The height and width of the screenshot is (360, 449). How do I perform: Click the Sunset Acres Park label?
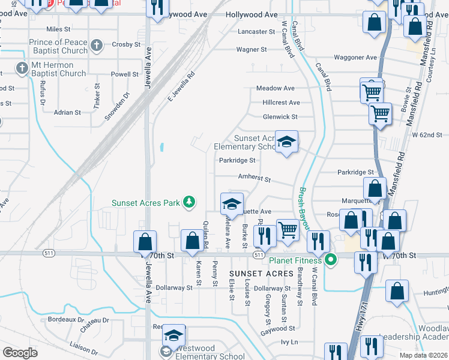(146, 203)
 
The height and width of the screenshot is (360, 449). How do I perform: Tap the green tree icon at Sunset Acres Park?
(190, 202)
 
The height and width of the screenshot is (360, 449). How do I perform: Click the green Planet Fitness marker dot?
(330, 260)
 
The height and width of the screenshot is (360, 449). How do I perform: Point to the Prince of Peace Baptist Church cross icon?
(97, 45)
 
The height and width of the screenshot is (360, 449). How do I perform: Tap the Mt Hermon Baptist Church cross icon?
(22, 68)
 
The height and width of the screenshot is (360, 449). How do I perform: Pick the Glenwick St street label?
(280, 117)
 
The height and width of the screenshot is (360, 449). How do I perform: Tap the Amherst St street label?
(255, 179)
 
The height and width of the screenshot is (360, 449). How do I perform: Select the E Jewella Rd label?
(182, 86)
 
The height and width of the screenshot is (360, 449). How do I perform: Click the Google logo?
(20, 352)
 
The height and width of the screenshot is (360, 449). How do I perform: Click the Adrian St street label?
(67, 112)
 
